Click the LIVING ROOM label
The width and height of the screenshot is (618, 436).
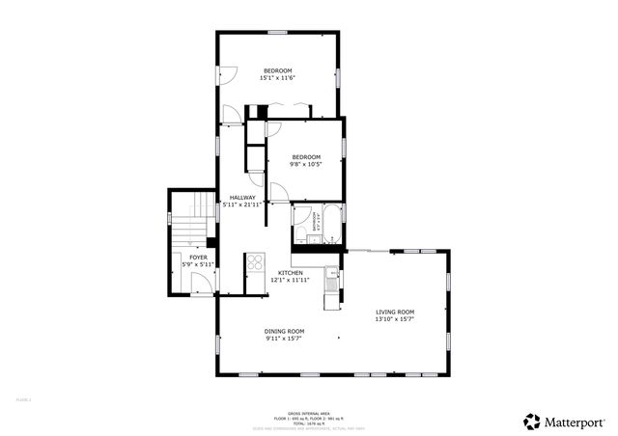coord(395,312)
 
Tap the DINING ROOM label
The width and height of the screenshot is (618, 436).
coord(284,331)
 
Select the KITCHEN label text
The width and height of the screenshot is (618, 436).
coord(292,273)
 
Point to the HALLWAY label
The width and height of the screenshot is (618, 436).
coord(242,197)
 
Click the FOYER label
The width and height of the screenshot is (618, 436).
coord(198,258)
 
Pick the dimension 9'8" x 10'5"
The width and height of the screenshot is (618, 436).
coord(306,164)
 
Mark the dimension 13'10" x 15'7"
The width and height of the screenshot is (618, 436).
coord(395,319)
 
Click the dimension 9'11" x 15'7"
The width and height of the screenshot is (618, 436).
coord(284,339)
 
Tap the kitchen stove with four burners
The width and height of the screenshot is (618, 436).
coord(255,261)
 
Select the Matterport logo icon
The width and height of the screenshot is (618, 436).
coord(532,421)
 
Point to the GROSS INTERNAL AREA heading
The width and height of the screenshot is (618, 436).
coord(308,411)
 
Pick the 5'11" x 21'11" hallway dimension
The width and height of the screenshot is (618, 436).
coord(242,204)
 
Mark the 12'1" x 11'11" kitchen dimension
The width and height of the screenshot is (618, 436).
coord(292,281)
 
